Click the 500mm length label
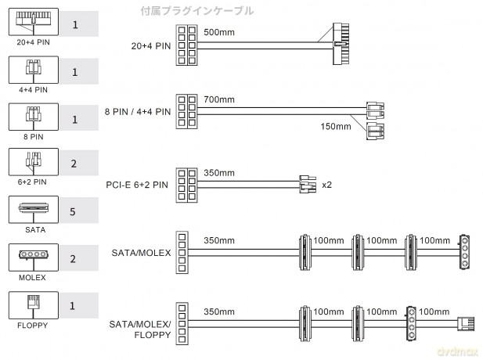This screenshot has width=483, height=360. (x=219, y=32)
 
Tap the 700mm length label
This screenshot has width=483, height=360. (x=219, y=99)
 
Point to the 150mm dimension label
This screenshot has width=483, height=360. (x=336, y=126)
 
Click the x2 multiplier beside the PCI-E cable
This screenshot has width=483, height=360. (x=326, y=185)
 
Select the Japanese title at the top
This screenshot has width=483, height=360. (x=197, y=11)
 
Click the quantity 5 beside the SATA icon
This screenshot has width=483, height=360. (x=73, y=211)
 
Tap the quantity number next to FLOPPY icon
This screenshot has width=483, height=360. (x=72, y=306)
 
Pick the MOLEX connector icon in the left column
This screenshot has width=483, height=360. (x=34, y=257)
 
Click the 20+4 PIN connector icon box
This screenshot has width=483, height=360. (x=34, y=22)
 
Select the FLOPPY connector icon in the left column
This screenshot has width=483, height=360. (x=34, y=305)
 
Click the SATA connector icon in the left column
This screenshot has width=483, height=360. (x=34, y=210)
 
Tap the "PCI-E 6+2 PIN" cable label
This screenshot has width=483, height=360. (x=137, y=185)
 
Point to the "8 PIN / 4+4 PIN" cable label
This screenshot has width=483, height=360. (x=138, y=111)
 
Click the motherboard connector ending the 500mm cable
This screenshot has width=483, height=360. (x=341, y=44)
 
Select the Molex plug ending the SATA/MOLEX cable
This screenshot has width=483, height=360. (x=464, y=253)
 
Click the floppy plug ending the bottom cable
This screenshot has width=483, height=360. (x=466, y=324)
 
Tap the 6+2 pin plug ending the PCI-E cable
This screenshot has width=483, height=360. (x=308, y=184)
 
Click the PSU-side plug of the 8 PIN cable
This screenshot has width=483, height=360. (x=186, y=111)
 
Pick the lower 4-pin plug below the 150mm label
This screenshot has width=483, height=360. (x=375, y=131)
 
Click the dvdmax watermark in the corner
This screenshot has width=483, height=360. (x=457, y=351)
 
